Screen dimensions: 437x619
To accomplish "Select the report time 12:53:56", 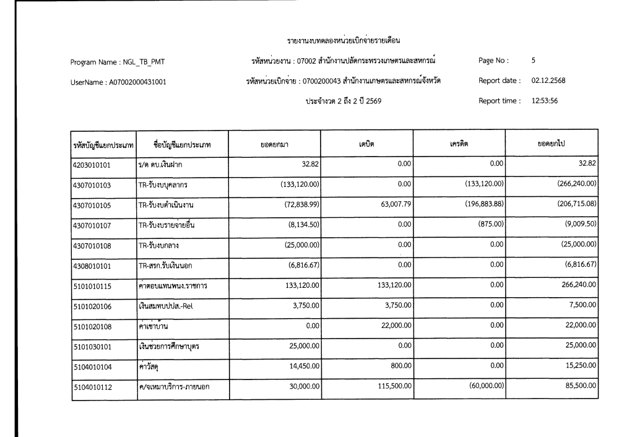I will [545, 100].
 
